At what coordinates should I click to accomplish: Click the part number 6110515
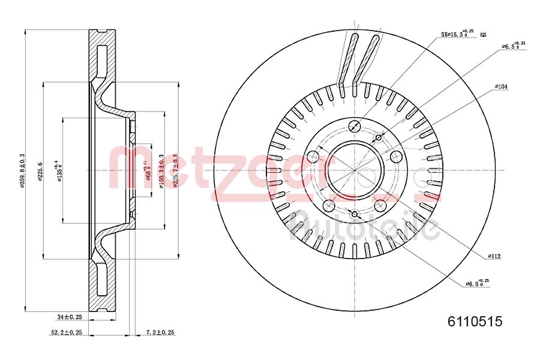coord(474,322)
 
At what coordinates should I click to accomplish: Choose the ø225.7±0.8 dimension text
coord(175,171)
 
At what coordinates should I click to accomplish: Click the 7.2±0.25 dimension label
coord(160,332)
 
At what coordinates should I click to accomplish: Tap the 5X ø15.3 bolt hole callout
coord(458,35)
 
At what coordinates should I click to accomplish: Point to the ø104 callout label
coord(501,86)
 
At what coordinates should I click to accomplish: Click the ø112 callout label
coord(494,256)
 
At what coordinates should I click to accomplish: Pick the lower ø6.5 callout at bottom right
coord(479,282)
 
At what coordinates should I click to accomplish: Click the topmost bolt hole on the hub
coord(354,126)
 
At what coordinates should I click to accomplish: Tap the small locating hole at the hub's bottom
coord(354,214)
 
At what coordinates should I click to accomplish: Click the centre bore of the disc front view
coord(354,170)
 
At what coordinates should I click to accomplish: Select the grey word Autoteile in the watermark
coord(364,228)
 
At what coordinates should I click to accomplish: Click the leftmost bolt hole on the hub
coord(312,157)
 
